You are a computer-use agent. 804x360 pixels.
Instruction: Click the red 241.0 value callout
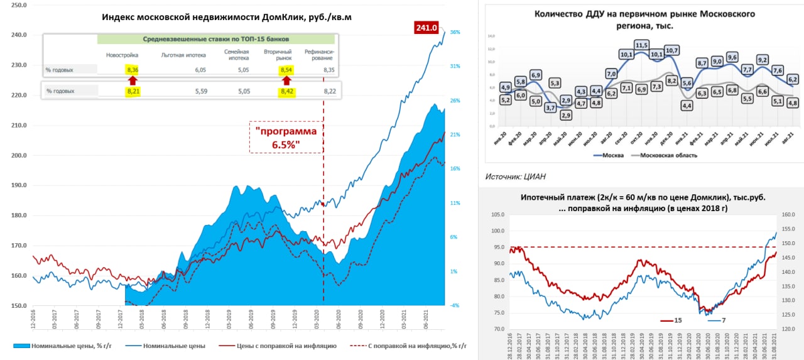[426, 28]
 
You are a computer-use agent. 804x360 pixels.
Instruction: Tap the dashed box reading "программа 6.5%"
[286, 138]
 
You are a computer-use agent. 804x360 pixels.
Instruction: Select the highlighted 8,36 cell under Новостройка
[132, 70]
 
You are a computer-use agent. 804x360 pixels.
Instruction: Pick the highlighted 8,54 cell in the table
[287, 70]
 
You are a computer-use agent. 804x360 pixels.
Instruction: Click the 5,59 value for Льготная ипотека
[200, 91]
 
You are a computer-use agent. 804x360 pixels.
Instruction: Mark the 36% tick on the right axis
[455, 32]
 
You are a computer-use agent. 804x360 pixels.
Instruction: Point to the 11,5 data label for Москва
[641, 45]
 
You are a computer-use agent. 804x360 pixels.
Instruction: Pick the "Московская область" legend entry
[669, 155]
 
